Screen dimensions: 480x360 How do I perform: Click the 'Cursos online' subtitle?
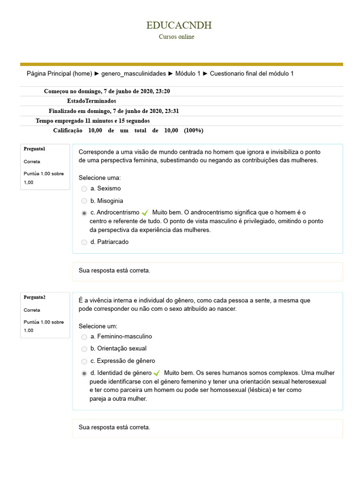(x=176, y=37)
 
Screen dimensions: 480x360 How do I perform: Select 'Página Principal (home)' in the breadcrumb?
(x=59, y=74)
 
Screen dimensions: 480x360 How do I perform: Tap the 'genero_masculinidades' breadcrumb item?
(x=134, y=74)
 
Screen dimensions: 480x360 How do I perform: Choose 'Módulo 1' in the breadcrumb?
(x=187, y=74)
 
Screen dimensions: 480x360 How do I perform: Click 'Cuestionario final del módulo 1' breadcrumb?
(x=252, y=74)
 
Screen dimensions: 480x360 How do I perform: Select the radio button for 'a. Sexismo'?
(x=84, y=189)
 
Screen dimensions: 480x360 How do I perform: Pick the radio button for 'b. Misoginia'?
(x=84, y=201)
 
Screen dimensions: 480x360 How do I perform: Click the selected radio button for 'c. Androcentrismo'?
(x=84, y=213)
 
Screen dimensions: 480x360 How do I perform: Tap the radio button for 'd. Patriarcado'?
(x=84, y=242)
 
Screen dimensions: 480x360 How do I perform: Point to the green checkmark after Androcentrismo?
(x=145, y=213)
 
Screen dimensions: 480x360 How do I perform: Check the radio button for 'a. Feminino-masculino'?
(x=84, y=337)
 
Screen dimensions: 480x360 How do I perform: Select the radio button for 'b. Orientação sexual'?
(x=84, y=349)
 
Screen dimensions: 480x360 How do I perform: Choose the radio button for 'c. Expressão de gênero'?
(x=84, y=361)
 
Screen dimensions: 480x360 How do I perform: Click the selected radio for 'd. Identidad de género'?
(x=84, y=374)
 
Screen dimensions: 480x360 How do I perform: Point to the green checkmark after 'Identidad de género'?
(x=157, y=374)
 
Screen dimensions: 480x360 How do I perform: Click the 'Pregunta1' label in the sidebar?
(x=34, y=149)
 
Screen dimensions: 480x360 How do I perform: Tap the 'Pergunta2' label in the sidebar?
(x=34, y=297)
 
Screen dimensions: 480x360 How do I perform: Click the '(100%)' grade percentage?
(x=194, y=130)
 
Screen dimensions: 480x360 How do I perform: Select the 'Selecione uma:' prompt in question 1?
(x=99, y=178)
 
